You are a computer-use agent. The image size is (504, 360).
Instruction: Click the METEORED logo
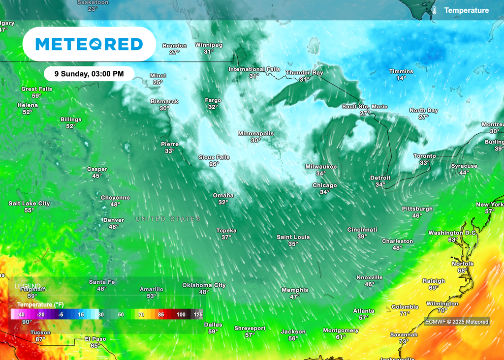89,44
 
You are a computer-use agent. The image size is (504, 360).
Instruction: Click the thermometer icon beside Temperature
435,10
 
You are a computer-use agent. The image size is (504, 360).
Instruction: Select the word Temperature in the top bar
466,10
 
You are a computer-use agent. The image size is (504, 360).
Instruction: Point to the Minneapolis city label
255,133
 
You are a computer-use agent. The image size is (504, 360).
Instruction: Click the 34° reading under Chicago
324,192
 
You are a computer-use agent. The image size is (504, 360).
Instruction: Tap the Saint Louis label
293,237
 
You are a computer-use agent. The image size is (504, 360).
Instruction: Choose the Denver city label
113,220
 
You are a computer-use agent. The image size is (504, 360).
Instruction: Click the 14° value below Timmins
401,78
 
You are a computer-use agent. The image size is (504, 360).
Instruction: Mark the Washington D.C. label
452,233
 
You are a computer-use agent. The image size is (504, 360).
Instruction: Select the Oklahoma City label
204,285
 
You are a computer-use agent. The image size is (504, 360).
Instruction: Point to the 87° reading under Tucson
40,339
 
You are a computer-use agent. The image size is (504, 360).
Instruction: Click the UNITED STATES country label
168,219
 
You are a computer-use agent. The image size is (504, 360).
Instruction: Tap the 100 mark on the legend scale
181,314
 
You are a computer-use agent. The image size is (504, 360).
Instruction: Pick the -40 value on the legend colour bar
20,314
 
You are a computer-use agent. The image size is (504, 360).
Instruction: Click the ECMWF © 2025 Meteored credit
457,322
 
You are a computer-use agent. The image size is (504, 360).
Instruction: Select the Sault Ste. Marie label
365,106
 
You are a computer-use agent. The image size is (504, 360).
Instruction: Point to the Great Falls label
36,89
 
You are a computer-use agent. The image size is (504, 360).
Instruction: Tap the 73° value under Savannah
404,341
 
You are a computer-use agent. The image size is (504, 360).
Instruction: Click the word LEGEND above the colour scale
28,286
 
